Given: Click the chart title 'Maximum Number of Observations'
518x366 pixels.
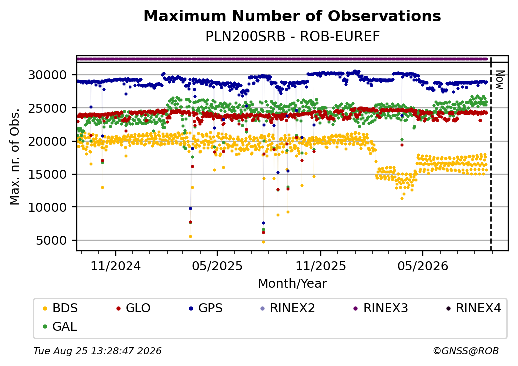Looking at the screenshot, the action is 292,16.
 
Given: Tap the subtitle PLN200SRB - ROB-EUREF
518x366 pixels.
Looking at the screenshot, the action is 292,37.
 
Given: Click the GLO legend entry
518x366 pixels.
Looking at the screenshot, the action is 133,308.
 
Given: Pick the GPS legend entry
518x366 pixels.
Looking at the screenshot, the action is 206,308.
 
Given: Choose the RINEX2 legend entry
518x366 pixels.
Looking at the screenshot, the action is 288,308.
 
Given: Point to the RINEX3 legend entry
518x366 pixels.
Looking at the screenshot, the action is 381,308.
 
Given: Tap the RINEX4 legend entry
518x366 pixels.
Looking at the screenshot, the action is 473,308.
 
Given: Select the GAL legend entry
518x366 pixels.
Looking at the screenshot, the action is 60,326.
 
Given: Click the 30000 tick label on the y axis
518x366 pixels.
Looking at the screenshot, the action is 48,75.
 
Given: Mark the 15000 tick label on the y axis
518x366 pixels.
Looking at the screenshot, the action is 48,174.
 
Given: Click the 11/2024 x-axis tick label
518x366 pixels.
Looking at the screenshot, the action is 116,266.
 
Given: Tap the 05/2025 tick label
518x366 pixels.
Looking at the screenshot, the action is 217,266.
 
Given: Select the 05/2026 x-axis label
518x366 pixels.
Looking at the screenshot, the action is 423,266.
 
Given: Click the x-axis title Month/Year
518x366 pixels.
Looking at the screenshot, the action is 292,284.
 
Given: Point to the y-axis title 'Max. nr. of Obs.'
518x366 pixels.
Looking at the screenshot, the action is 15,157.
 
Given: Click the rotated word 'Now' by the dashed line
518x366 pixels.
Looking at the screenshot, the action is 499,80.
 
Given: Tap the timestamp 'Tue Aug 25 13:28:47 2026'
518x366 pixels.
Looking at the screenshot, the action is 98,351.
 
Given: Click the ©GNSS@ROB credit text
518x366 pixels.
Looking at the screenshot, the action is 466,351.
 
